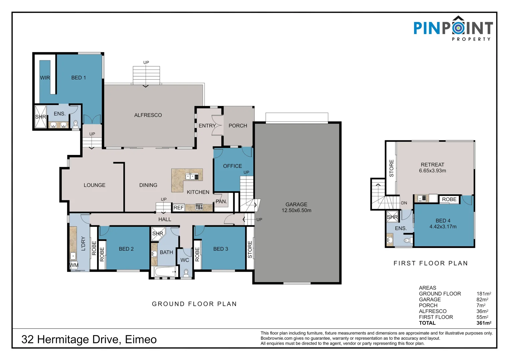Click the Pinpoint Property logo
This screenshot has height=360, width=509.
point(453,28)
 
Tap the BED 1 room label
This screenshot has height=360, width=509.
point(78,78)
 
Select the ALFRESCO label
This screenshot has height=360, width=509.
point(148,115)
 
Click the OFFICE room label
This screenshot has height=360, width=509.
point(232,166)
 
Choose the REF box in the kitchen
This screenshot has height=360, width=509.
point(179,208)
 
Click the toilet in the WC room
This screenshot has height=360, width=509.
point(186,273)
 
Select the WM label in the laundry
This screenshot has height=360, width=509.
point(74,265)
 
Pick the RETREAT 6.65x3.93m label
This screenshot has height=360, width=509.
point(432,168)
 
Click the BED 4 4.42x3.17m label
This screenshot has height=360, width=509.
point(443,224)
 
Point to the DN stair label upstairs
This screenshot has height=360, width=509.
point(404,203)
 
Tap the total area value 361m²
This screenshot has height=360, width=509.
point(484,323)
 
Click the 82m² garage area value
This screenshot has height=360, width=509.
point(482,300)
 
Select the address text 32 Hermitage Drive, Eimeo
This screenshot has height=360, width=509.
point(89,339)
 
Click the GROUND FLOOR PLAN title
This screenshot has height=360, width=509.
point(194,304)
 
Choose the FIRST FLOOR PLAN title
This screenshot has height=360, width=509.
point(431,263)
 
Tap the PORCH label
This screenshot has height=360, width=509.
point(238,126)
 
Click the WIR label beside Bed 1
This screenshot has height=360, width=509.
point(45,78)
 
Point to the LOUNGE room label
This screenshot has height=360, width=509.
point(94,185)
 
